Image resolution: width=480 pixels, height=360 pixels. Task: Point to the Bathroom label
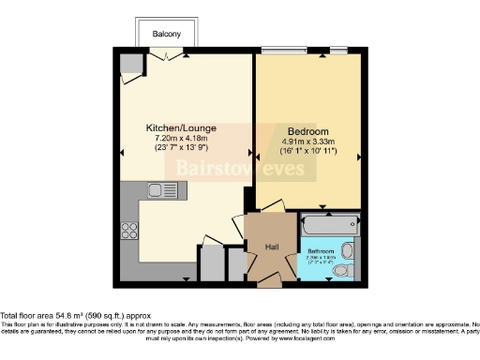point(319,251)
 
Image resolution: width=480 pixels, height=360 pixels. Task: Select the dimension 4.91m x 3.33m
point(307,142)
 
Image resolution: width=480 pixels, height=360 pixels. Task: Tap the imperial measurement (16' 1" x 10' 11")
point(307,152)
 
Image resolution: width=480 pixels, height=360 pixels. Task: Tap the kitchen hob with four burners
point(128,230)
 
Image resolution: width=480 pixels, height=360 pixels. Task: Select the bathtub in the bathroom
point(325,226)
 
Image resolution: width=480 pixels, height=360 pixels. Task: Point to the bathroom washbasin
point(348,249)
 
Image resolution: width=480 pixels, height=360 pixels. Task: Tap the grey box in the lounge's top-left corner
point(129,64)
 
